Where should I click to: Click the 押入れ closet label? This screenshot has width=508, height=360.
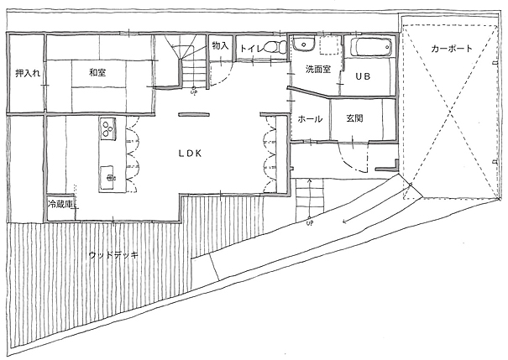click(x=28, y=73)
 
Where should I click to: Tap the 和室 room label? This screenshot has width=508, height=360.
click(x=97, y=72)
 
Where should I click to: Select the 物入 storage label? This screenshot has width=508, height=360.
click(x=220, y=45)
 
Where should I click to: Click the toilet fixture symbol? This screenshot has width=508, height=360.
click(x=276, y=46)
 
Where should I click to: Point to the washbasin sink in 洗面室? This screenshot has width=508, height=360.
click(x=303, y=44)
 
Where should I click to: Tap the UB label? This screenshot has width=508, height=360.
click(x=363, y=76)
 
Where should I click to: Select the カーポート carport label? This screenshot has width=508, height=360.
click(x=452, y=49)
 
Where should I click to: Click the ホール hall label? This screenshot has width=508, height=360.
click(x=310, y=119)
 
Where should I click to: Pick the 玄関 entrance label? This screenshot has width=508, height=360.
click(x=354, y=118)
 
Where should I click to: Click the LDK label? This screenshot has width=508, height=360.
click(x=190, y=154)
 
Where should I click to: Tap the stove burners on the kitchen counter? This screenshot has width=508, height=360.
click(x=107, y=128)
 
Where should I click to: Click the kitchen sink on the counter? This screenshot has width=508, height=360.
click(x=107, y=178)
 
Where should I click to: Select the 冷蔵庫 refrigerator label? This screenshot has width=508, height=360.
click(x=60, y=204)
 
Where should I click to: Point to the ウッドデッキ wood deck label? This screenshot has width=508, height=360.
click(x=113, y=255)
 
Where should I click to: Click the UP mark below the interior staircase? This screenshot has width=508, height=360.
click(x=193, y=91)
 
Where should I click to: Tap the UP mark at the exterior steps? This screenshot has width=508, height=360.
click(x=310, y=223)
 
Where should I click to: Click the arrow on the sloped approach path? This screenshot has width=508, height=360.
click(x=376, y=206)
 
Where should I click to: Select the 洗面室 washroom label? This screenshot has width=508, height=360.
click(x=318, y=69)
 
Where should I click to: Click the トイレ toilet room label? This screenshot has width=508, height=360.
click(x=253, y=49)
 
